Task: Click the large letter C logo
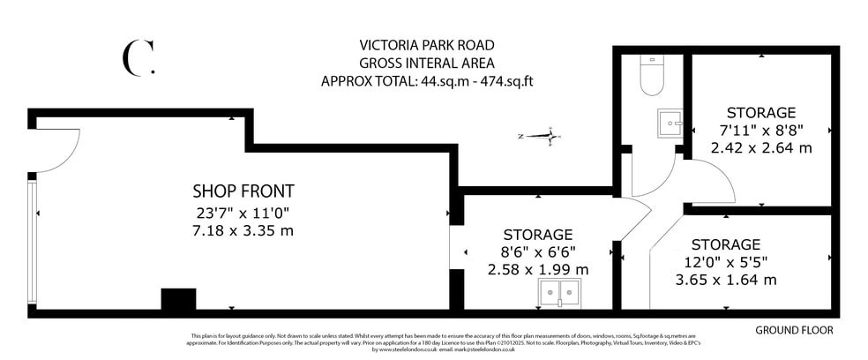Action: (137, 57)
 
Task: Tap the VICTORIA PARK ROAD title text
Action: (427, 45)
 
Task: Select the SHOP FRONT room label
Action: (243, 191)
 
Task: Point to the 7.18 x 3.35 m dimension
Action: (243, 230)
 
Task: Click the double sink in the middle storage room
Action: (557, 295)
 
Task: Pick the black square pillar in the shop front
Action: (178, 299)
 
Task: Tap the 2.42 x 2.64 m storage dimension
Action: (761, 148)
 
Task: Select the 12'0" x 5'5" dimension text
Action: (725, 262)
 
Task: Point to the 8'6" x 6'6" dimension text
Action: (538, 251)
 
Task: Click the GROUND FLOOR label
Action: (794, 330)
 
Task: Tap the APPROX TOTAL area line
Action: (427, 80)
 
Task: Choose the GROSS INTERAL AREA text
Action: (427, 63)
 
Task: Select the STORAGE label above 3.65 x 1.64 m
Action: (725, 244)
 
